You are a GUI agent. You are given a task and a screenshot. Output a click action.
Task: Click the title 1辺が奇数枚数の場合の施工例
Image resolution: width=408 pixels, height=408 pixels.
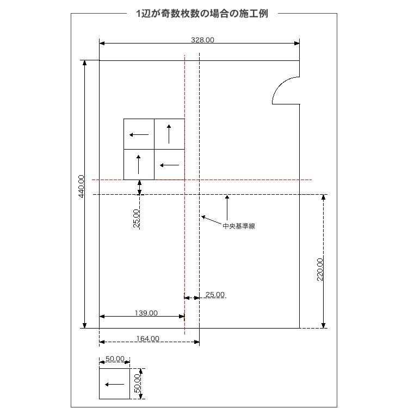coord(202,14)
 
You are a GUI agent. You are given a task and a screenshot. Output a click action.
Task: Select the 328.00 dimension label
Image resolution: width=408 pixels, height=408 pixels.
coord(202,40)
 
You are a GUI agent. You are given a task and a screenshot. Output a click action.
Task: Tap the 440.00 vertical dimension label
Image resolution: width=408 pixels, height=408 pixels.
coord(82,186)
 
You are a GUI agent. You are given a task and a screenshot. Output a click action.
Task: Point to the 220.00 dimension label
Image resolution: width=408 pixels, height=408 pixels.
coord(320,269)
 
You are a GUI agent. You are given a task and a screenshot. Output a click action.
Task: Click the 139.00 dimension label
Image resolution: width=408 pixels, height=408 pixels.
coord(146,313)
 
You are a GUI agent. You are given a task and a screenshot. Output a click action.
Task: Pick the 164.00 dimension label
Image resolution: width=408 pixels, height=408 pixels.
coord(148,338)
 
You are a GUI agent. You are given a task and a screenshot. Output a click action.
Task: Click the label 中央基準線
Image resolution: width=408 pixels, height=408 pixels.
coord(239,226)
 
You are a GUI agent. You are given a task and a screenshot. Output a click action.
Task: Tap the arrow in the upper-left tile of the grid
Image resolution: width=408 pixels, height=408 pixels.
coord(139,134)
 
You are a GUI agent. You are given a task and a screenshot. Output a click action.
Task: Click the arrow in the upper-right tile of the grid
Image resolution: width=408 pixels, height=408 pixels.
coord(169,134)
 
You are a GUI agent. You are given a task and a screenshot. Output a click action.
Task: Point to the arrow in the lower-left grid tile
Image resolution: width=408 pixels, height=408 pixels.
coord(138,164)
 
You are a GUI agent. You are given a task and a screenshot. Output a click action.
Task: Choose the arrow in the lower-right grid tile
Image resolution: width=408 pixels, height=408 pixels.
coord(169,165)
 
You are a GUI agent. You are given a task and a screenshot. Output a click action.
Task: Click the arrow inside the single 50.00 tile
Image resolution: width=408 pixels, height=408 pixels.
coord(114,384)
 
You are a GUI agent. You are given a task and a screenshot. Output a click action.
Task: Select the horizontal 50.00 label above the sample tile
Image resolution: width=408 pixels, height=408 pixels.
coord(115,359)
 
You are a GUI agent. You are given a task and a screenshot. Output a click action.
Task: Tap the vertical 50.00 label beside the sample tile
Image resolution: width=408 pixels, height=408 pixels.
coord(137,384)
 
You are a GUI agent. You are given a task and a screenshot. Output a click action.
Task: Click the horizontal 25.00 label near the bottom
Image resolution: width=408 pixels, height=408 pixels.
coord(215,294)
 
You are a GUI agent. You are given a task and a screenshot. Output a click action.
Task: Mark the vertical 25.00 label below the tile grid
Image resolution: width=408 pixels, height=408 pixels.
coord(136,218)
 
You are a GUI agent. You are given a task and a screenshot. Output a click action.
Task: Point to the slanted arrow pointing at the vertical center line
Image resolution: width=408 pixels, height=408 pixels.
coord(212,220)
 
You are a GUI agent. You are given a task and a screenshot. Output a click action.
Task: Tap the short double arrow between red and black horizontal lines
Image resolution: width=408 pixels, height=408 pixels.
coord(139,187)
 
